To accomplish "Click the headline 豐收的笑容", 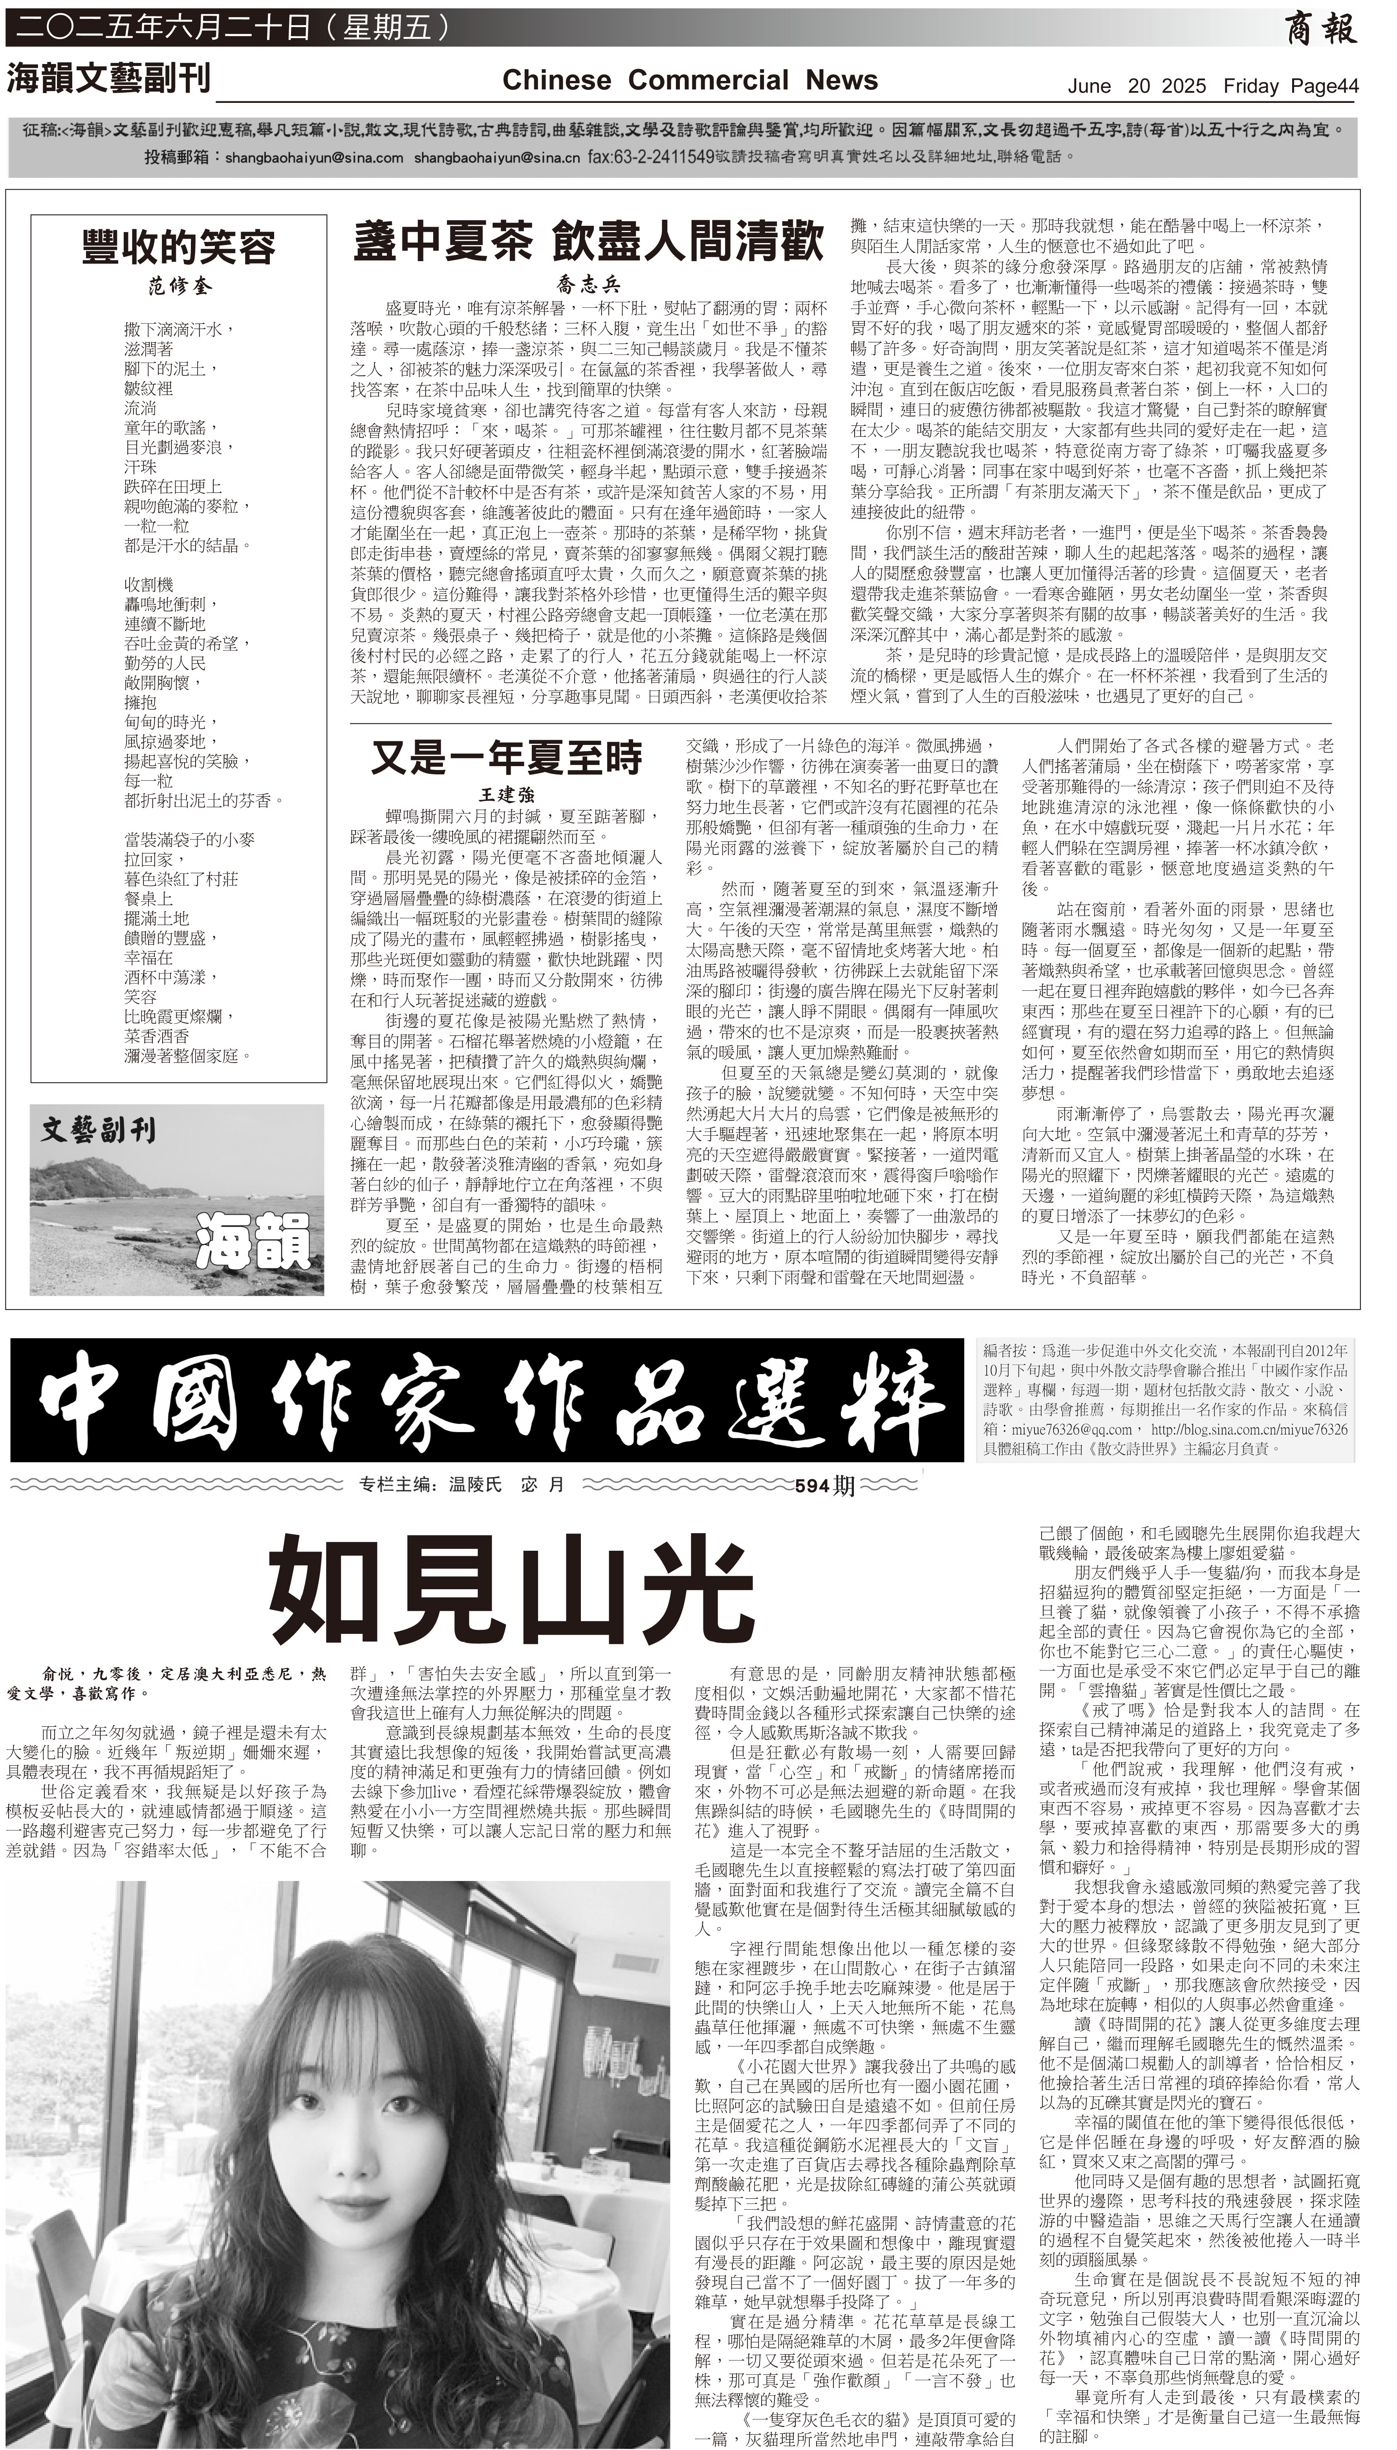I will pyautogui.click(x=178, y=247).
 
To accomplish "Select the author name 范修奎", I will pyautogui.click(x=178, y=286).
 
